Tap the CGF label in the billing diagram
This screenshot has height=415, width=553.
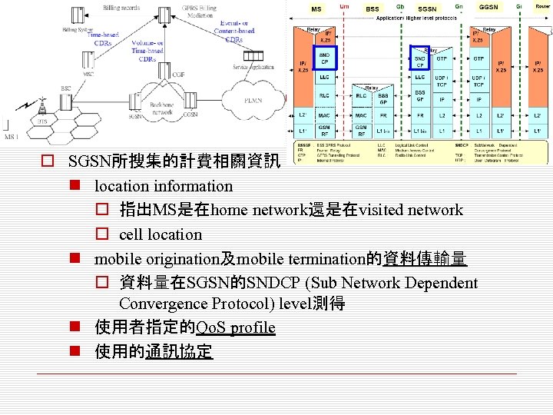178,75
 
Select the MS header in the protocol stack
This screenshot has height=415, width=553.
316,8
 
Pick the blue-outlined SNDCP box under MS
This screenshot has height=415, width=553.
324,57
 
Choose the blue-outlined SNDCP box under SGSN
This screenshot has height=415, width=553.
421,58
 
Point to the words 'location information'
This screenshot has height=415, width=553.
163,186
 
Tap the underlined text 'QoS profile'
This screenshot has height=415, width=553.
236,328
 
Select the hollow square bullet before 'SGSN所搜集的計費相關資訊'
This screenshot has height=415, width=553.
48,162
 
